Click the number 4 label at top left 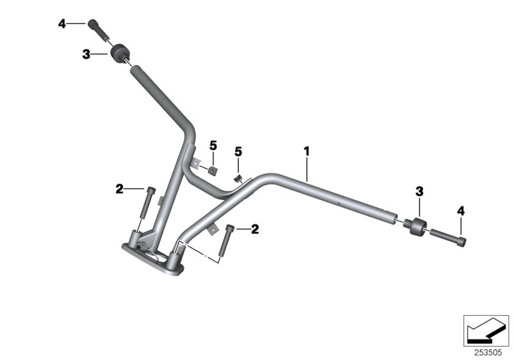coord(62,24)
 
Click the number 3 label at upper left coord(87,55)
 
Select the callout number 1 coord(307,151)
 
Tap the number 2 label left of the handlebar coord(120,188)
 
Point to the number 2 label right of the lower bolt coord(255,228)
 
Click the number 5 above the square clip coord(213,146)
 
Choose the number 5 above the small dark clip coord(238,152)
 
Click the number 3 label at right coord(419,191)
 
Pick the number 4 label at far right coord(461,210)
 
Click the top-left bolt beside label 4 coord(96,28)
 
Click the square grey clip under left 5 coord(211,170)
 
